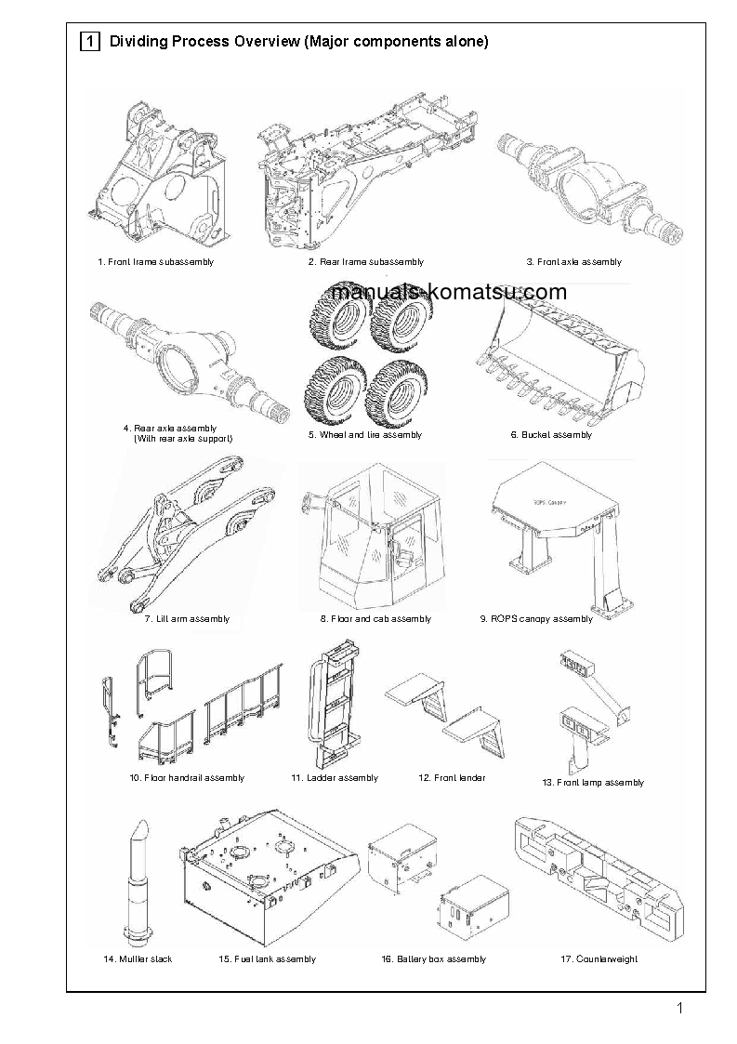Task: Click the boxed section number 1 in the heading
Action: (90, 42)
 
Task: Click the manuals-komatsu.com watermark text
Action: (448, 293)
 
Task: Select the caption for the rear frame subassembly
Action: (366, 262)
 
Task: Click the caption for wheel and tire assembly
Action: (365, 434)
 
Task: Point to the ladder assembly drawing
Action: (334, 704)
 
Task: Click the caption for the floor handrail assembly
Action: (187, 777)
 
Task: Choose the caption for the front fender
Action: (452, 777)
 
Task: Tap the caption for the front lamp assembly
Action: (593, 783)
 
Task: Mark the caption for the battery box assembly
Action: (433, 958)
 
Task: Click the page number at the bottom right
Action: (680, 1009)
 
